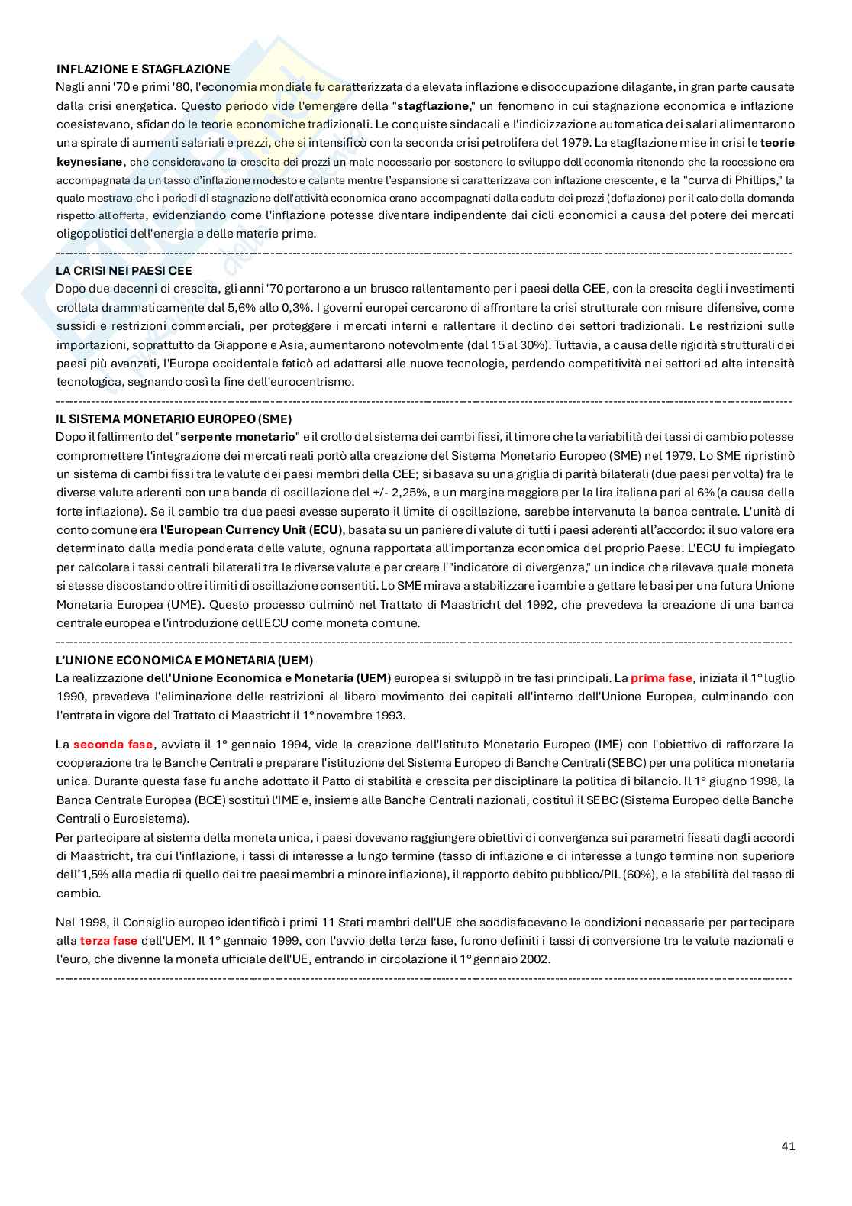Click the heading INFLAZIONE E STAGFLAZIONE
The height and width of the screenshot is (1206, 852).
143,69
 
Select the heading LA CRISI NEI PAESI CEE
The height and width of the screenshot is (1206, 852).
124,270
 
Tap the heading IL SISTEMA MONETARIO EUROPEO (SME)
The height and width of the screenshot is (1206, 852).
173,419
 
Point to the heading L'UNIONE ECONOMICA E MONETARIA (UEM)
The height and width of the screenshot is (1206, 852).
184,660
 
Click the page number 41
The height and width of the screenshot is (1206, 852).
788,1146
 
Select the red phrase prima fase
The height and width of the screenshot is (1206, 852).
661,678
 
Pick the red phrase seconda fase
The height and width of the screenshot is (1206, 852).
113,744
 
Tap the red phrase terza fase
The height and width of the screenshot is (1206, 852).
108,941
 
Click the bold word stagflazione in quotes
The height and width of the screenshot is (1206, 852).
433,105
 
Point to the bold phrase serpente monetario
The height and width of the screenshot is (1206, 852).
237,437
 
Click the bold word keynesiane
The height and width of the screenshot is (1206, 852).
89,161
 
